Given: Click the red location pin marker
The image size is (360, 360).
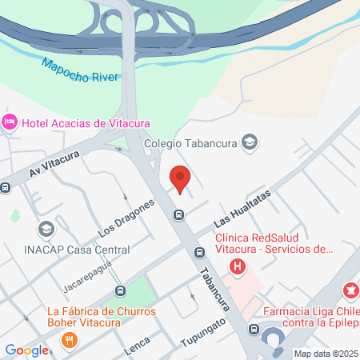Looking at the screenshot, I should click(180, 178).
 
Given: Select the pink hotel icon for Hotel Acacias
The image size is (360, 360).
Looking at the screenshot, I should click(10, 122).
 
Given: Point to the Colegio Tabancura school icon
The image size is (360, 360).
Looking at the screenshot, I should click(250, 143).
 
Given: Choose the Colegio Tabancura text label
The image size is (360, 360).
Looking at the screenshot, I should click(191, 144).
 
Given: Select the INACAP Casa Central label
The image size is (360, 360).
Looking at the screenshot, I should click(66, 250).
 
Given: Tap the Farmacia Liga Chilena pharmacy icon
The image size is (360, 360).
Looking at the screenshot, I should click(350, 289).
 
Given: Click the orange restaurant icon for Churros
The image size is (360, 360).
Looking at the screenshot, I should click(70, 340).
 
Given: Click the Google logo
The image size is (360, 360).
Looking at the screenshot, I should click(27, 350).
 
